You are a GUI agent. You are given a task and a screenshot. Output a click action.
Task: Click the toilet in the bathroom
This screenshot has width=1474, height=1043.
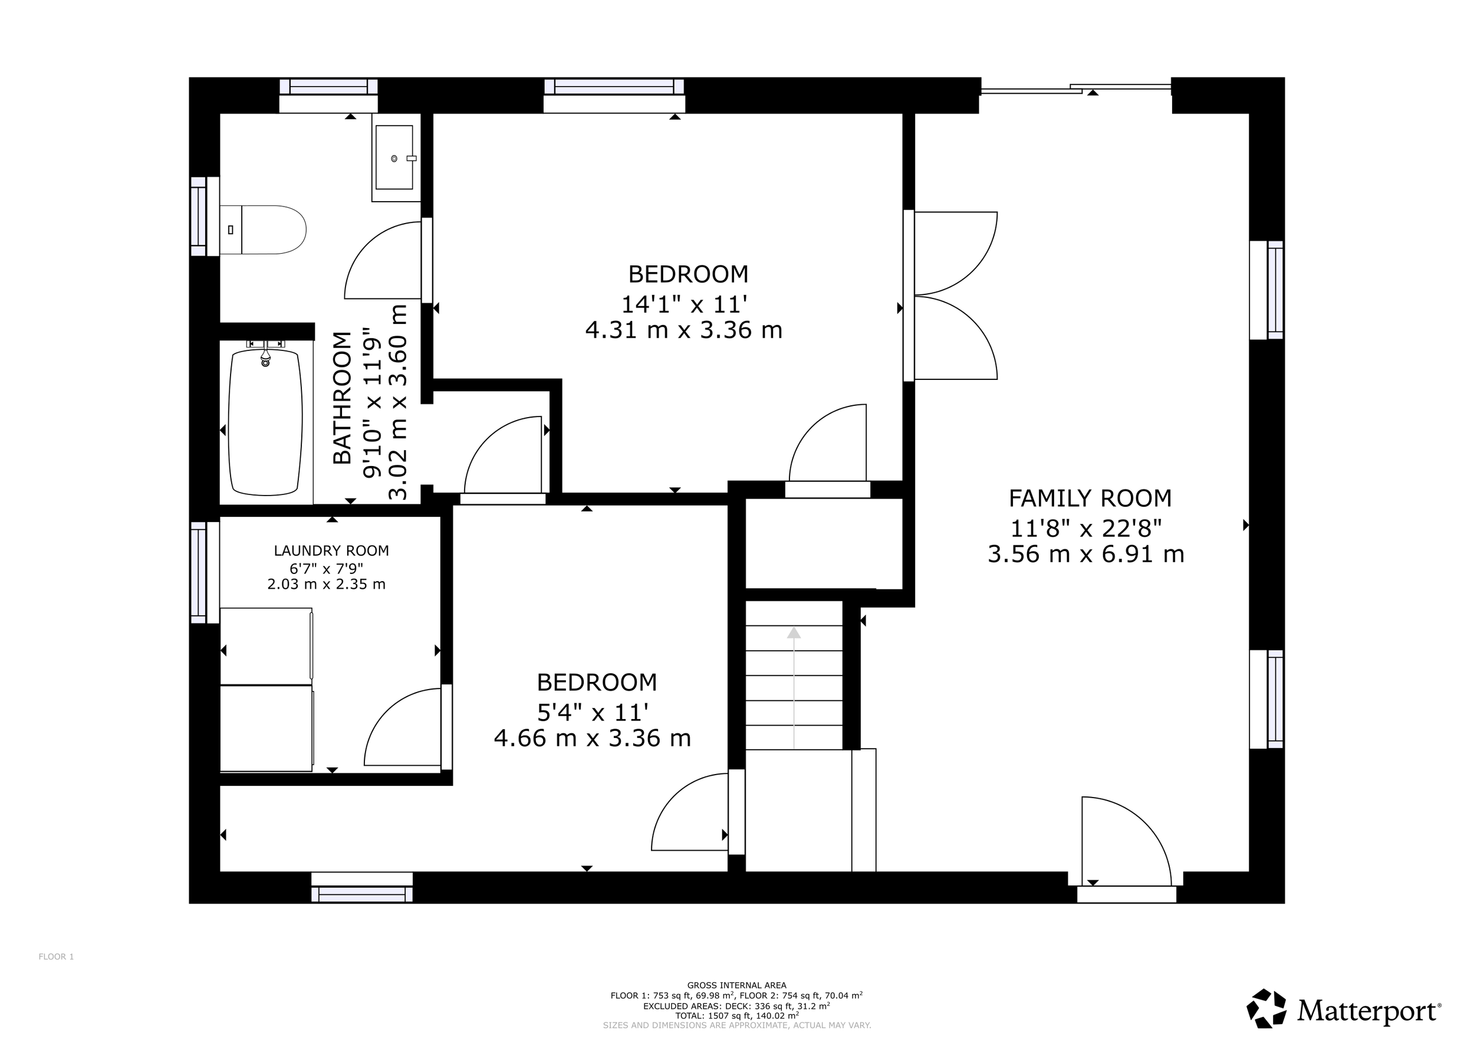[262, 230]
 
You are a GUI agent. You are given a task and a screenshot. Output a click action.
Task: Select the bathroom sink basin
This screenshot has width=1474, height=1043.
[394, 158]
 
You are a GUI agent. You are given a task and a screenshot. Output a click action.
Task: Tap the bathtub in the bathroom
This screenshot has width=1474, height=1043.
[265, 422]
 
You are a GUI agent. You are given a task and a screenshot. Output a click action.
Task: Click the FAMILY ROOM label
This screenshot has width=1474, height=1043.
[1090, 498]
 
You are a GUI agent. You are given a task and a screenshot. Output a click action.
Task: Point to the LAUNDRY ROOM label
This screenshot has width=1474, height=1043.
[331, 550]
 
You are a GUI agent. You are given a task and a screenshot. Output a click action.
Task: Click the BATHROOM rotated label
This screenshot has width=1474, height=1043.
[343, 398]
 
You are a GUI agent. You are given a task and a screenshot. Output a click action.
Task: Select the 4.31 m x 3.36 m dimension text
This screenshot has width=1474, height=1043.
[684, 330]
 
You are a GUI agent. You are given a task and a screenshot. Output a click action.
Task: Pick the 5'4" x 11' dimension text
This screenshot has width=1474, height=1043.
[593, 712]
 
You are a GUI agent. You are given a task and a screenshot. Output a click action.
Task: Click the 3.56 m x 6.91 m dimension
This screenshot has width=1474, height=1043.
[1085, 553]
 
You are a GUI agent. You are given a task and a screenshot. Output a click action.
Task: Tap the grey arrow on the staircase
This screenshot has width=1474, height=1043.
[794, 688]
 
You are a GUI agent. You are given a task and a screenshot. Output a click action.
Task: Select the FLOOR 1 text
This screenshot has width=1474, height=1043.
[57, 957]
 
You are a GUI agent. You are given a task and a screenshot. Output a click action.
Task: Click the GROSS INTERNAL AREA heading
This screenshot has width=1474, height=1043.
[736, 985]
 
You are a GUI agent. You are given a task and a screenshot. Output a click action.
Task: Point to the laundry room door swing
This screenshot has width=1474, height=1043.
[403, 727]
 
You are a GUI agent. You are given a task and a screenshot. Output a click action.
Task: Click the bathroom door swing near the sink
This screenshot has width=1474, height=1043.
[383, 260]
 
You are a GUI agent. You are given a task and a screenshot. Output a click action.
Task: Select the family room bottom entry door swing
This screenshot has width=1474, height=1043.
[1127, 841]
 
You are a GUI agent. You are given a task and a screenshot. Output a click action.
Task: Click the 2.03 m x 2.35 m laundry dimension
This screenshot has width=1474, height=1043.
[326, 585]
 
